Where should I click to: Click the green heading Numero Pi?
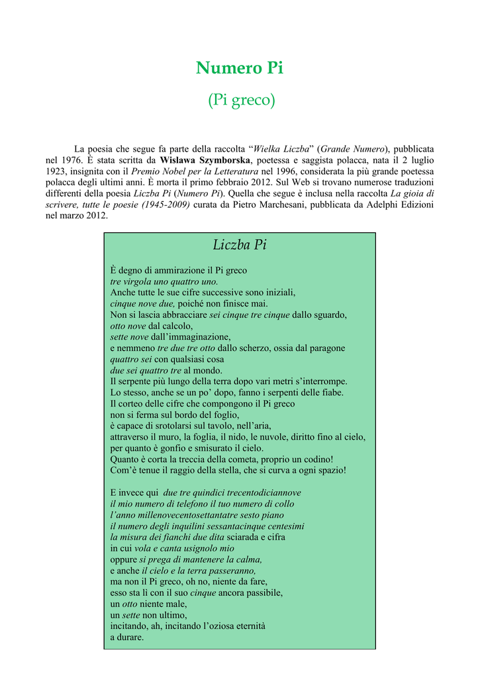tap(240, 68)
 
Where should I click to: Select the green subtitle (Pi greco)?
tap(240, 101)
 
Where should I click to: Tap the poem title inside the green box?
tap(240, 245)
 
